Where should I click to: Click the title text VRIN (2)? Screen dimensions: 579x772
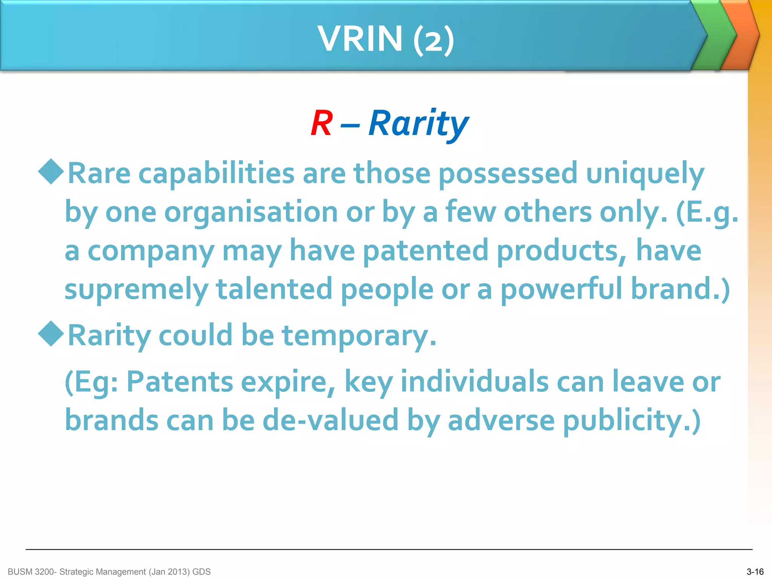click(x=386, y=38)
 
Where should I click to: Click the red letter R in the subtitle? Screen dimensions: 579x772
click(x=322, y=123)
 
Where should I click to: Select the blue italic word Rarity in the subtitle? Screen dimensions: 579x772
click(x=418, y=124)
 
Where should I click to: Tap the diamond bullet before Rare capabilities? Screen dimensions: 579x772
click(x=51, y=172)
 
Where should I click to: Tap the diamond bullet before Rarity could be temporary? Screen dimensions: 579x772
click(x=51, y=334)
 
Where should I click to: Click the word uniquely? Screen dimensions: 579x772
click(x=645, y=174)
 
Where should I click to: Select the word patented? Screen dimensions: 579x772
click(x=426, y=251)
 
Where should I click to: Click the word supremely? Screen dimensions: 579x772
click(x=136, y=289)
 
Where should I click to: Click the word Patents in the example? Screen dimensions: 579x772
click(x=180, y=382)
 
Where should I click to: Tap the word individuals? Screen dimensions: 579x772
click(x=474, y=382)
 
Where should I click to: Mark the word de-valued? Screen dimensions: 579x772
click(x=330, y=420)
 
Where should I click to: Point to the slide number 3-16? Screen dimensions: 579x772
click(x=755, y=572)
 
